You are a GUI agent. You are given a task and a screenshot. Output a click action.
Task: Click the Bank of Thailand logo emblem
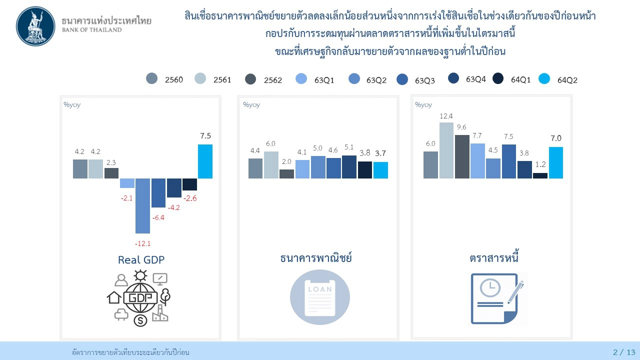click(x=36, y=26)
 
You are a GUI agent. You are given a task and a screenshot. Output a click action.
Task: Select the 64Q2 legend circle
click(x=544, y=79)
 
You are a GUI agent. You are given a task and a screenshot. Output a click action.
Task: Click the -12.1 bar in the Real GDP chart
click(x=142, y=205)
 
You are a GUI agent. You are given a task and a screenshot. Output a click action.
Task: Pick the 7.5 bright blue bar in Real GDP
click(x=205, y=161)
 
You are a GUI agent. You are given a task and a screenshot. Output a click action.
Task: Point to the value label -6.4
click(x=158, y=217)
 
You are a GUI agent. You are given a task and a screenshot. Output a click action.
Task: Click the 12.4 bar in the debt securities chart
click(x=446, y=150)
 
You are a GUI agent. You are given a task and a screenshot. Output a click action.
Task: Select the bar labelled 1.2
click(x=540, y=175)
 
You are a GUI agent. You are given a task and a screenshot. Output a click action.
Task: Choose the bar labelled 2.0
click(x=286, y=173)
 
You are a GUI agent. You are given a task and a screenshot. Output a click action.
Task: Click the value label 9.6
click(x=461, y=127)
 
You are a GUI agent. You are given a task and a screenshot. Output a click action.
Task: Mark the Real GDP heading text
click(x=141, y=259)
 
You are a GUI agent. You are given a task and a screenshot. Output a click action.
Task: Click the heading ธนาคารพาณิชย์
click(x=316, y=258)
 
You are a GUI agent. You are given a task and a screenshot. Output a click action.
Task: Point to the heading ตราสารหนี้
click(x=494, y=258)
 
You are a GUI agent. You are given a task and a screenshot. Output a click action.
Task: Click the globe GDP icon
click(x=140, y=297)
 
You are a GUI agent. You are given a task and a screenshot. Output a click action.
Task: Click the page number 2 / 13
click(x=624, y=352)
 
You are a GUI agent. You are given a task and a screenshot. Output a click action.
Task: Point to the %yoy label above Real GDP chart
click(x=72, y=104)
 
